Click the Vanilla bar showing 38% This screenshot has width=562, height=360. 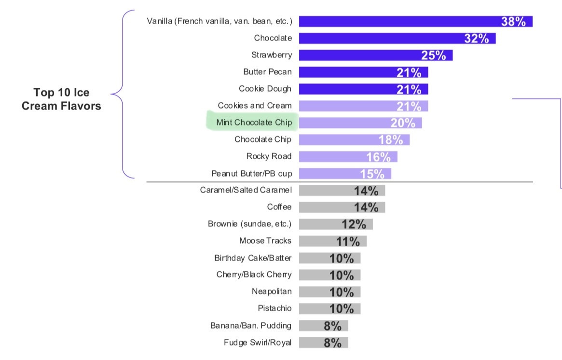[x=415, y=21]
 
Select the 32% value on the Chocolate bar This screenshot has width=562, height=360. [x=477, y=39]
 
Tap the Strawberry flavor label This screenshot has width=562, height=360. [x=272, y=55]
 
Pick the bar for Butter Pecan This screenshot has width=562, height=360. [x=363, y=72]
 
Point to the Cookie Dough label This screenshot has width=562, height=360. [x=265, y=89]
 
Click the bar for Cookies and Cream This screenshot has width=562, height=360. [x=363, y=106]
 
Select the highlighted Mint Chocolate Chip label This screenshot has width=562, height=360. [x=254, y=123]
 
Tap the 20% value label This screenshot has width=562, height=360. [x=403, y=123]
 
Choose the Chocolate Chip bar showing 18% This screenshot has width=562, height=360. [x=354, y=140]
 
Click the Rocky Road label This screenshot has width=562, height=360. [x=269, y=156]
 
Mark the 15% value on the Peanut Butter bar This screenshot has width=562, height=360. [x=372, y=174]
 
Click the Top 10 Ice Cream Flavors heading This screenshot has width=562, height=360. [x=61, y=99]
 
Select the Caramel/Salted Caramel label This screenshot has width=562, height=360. [x=246, y=190]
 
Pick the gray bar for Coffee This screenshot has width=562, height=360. [x=342, y=208]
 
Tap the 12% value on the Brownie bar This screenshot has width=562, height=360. [x=354, y=224]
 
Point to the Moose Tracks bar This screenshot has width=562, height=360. [x=332, y=241]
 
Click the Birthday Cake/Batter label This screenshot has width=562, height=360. [x=253, y=258]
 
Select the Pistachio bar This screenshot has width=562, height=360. [x=329, y=309]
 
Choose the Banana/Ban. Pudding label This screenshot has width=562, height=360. [x=251, y=325]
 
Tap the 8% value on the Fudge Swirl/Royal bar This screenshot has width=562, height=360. [x=333, y=343]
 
